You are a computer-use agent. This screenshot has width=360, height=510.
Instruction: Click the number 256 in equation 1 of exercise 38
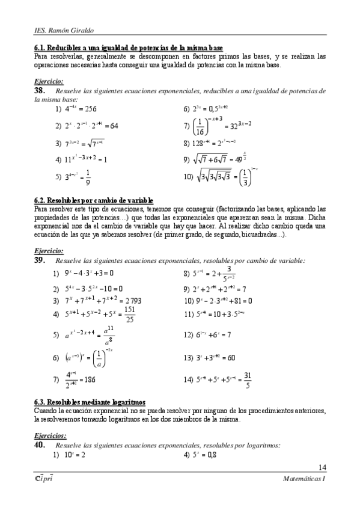(90, 109)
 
